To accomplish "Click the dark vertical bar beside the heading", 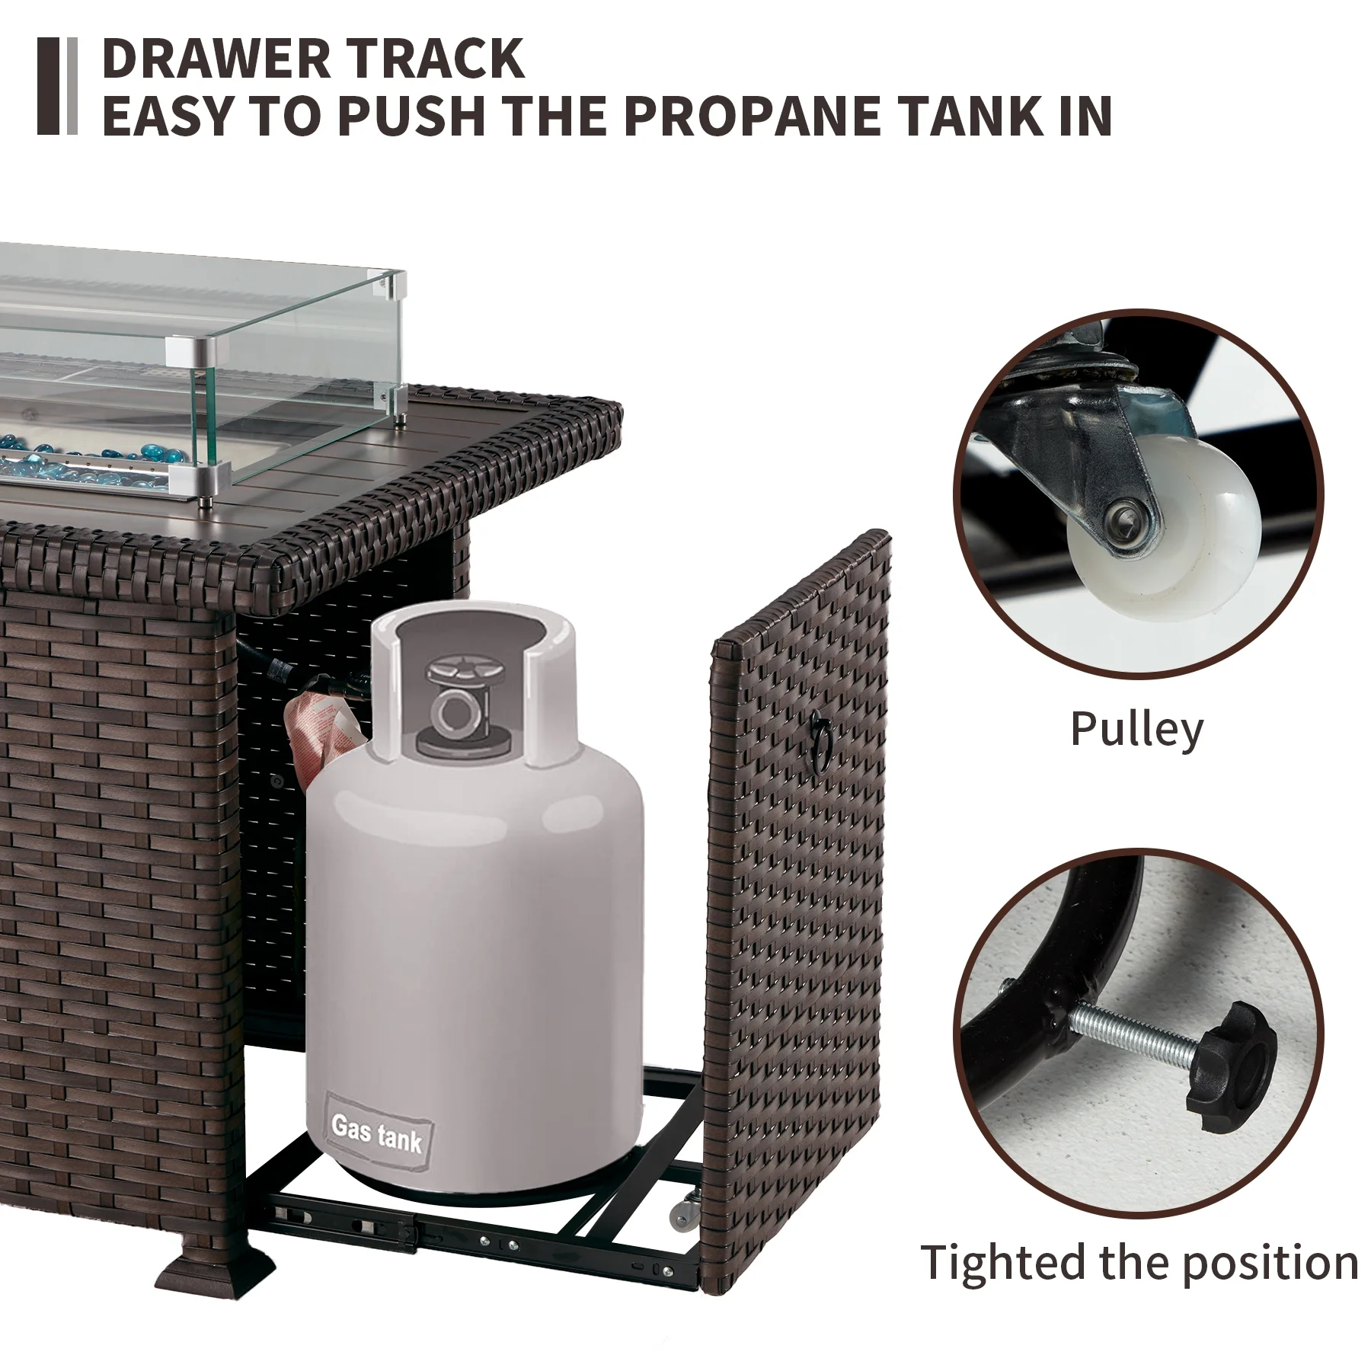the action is tap(48, 86).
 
